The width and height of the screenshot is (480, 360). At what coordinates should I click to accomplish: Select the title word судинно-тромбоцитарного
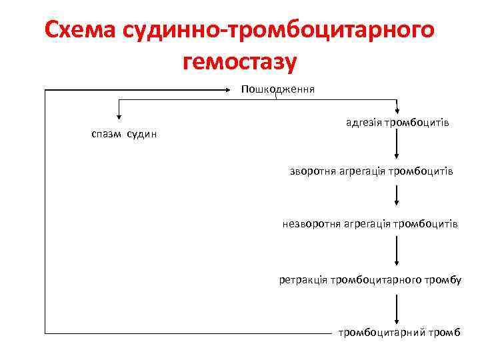tap(281, 32)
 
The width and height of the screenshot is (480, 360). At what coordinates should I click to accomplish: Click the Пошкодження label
tap(278, 89)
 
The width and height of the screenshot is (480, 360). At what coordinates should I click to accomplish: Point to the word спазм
tap(105, 135)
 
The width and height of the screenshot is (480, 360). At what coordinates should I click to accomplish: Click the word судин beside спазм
tap(142, 135)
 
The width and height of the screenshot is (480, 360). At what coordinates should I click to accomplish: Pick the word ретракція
tap(303, 279)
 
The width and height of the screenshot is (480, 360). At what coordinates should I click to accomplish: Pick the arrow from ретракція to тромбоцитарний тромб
tap(397, 308)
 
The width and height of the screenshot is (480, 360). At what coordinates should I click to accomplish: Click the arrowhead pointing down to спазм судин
tap(119, 115)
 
